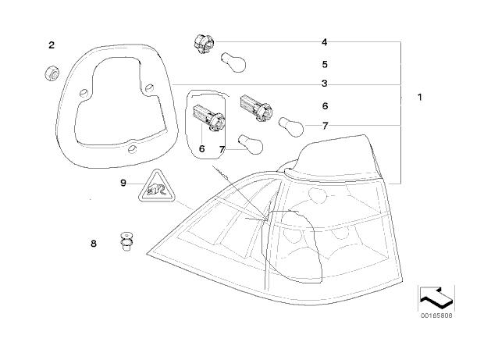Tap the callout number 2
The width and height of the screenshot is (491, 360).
pos(52,45)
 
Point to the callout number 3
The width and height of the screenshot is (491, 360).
pos(324,83)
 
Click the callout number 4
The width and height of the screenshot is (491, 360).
pos(324,41)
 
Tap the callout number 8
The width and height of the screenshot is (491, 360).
pos(94,244)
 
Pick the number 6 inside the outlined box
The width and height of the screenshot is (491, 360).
pos(201,148)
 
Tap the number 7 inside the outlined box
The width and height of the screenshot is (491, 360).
pos(222,148)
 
